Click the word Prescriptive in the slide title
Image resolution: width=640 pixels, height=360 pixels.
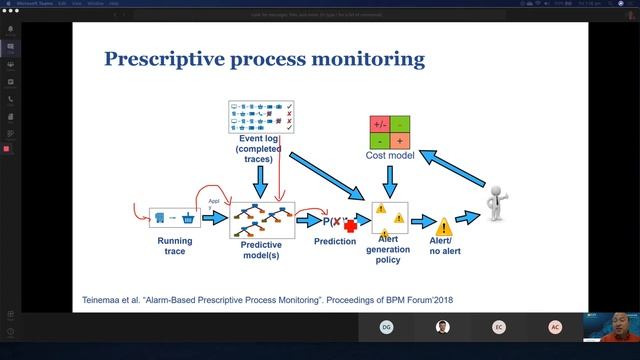pos(164,61)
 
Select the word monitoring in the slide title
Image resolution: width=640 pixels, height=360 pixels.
pos(368,61)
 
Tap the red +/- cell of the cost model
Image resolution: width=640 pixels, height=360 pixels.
pos(380,125)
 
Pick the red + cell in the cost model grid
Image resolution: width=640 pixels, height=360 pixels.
pos(400,141)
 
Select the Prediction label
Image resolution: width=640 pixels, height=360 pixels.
pos(335,242)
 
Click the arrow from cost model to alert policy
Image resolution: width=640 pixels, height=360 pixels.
pos(389,180)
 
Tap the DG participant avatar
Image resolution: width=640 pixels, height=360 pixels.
pos(386,327)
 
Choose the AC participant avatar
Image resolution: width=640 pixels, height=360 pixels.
pos(555,327)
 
